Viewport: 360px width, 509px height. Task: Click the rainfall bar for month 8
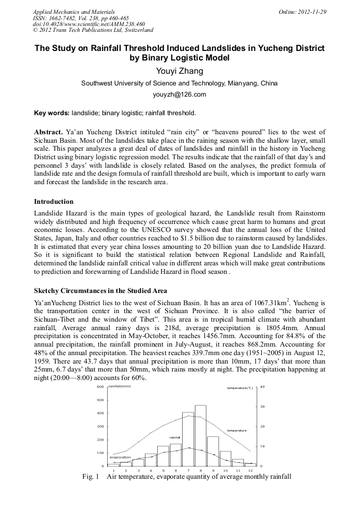click(200, 435)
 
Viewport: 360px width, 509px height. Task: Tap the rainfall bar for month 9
click(212, 451)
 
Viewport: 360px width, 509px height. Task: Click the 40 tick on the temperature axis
click(262, 387)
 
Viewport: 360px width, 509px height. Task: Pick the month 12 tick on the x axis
click(250, 471)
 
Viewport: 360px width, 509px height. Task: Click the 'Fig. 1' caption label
click(91, 477)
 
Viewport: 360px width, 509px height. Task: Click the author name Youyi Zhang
click(179, 71)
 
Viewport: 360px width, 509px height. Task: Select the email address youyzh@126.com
click(179, 94)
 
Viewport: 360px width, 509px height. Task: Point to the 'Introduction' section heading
click(54, 202)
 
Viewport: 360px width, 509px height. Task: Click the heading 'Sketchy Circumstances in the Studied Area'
click(100, 290)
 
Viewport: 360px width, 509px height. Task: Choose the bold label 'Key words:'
click(52, 113)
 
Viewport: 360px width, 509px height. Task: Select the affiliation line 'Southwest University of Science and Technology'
click(179, 83)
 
